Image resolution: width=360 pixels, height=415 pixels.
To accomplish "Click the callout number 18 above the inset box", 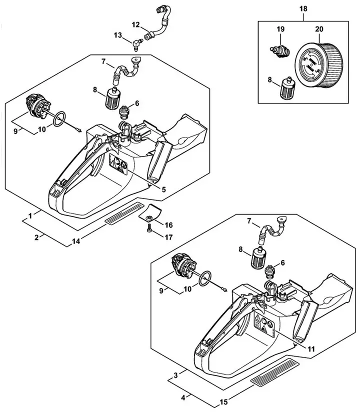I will click(303, 9).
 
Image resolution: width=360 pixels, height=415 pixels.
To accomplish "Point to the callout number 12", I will click(136, 24).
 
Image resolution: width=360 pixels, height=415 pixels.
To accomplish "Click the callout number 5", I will click(164, 189).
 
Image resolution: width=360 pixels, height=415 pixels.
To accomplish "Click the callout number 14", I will click(75, 241).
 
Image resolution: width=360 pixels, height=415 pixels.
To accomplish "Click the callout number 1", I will click(30, 215).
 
